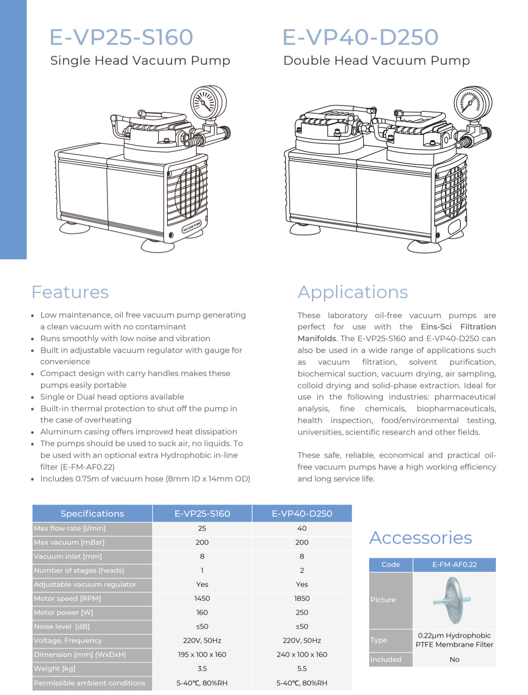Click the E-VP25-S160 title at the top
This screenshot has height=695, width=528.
pos(121,37)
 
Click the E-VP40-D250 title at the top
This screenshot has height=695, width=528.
pos(360,37)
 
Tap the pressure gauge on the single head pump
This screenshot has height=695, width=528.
pos(208,102)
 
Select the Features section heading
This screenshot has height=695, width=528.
pos(70,292)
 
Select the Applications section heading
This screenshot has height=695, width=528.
pos(352,292)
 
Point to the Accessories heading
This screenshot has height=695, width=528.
pos(421,537)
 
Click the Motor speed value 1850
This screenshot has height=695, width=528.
pos(302,598)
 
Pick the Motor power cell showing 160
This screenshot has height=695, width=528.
pos(202,612)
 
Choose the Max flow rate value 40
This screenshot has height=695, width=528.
pos(302,528)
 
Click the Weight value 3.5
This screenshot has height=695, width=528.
pos(202,668)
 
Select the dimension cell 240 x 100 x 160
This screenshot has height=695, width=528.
pos(302,654)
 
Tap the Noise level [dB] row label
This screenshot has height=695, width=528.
pos(62,626)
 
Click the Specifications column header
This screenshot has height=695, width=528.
pos(92,514)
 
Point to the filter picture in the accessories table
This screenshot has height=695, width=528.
pos(453,600)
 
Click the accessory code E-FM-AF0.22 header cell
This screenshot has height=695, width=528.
pos(454,565)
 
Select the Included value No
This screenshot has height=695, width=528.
pos(454,659)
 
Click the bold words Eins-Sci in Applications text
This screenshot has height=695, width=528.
pos(436,327)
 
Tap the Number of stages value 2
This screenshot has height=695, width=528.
pos(302,570)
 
